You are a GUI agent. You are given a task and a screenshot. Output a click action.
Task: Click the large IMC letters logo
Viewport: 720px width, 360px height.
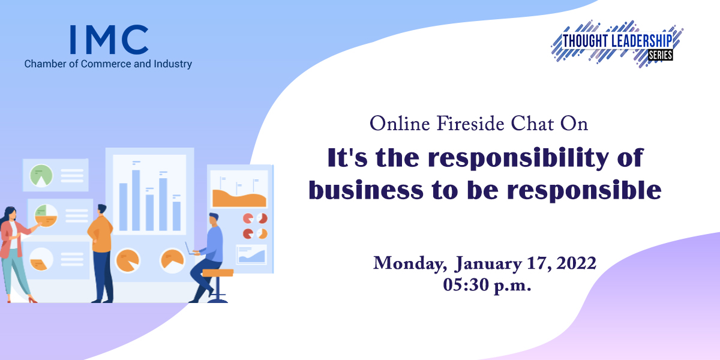[x=109, y=40]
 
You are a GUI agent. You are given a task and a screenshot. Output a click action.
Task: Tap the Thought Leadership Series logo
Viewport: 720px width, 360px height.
[x=617, y=44]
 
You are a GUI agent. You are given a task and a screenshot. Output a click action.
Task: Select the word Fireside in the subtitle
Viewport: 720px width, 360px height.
[x=470, y=124]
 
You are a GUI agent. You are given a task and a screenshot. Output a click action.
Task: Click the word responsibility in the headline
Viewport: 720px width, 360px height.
[x=518, y=159]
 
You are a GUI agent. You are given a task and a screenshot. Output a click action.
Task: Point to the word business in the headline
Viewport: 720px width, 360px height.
[x=366, y=190]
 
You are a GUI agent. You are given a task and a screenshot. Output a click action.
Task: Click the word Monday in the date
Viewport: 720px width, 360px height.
[x=410, y=263]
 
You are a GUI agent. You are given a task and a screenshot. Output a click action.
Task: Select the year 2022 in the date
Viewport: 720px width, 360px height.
[x=576, y=263]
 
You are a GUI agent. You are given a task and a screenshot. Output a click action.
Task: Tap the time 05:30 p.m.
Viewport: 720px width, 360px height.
[x=487, y=285]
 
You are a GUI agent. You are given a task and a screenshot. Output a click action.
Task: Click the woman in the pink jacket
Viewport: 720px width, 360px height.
[x=16, y=254]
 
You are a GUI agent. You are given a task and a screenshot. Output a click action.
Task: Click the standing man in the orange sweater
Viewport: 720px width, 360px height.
[x=101, y=253]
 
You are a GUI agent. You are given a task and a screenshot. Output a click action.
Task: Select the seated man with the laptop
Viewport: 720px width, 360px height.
[x=208, y=257]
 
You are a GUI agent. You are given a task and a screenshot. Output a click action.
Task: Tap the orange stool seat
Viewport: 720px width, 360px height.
[x=218, y=273]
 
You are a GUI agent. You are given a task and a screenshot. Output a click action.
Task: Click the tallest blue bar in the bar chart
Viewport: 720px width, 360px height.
[x=136, y=200]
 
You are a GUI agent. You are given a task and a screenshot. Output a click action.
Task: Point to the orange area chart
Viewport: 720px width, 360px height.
[x=239, y=198]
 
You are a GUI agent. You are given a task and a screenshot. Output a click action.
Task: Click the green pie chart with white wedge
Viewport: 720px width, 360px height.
[x=41, y=175]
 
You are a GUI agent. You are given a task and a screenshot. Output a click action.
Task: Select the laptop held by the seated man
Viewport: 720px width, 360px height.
[x=190, y=249]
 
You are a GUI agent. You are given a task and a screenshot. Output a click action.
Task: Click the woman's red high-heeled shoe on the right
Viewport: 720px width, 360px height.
[x=32, y=300]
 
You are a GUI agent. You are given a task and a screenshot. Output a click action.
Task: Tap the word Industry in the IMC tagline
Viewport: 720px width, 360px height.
[x=173, y=64]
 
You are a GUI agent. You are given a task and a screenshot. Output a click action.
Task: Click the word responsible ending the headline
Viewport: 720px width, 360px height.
[x=584, y=191]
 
